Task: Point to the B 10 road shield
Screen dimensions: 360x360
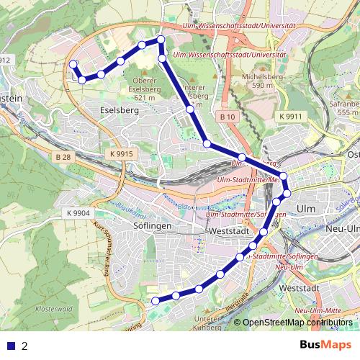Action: click(228, 116)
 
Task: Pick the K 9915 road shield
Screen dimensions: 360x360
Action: click(122, 154)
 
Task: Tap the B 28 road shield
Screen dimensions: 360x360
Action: click(63, 156)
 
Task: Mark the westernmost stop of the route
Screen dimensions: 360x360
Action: click(73, 65)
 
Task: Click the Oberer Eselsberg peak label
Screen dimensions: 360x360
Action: click(145, 89)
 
